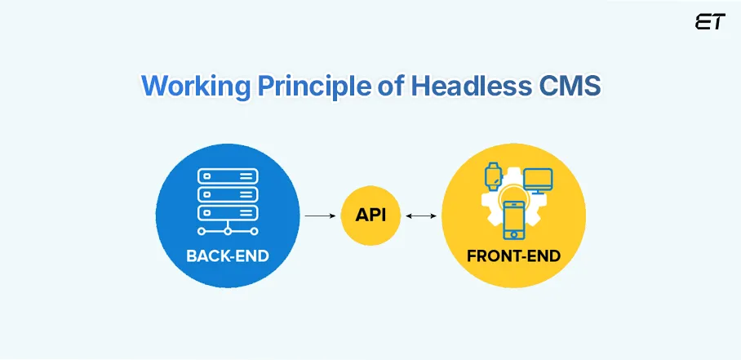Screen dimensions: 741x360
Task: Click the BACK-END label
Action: click(228, 256)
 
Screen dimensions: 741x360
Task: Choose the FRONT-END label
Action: click(513, 256)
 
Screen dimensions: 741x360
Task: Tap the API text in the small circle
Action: click(370, 216)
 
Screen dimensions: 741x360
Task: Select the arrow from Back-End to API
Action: click(320, 216)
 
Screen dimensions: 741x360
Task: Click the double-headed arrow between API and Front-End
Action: click(420, 216)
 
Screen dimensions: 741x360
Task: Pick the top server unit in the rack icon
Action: click(228, 176)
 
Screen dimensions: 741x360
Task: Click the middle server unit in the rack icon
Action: click(228, 194)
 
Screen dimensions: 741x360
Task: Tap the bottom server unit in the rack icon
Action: click(228, 212)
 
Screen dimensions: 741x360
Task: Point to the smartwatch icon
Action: click(492, 175)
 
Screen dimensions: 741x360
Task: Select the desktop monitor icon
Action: click(538, 180)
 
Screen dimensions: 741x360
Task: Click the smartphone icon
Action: click(514, 217)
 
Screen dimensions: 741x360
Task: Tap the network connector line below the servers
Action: click(228, 230)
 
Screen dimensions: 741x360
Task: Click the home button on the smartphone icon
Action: click(514, 231)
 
